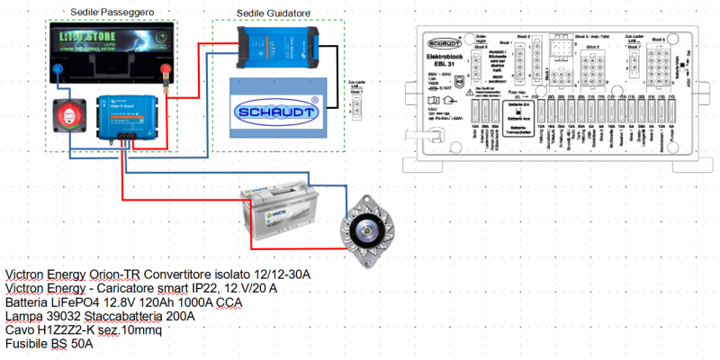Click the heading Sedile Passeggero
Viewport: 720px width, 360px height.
tap(112, 10)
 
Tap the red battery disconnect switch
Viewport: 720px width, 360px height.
tap(68, 116)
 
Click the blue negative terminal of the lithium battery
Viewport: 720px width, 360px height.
tap(60, 69)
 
